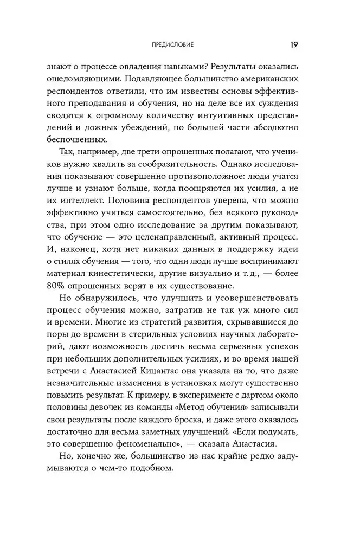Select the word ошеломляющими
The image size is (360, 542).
92,79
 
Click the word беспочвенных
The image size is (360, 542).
89,141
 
